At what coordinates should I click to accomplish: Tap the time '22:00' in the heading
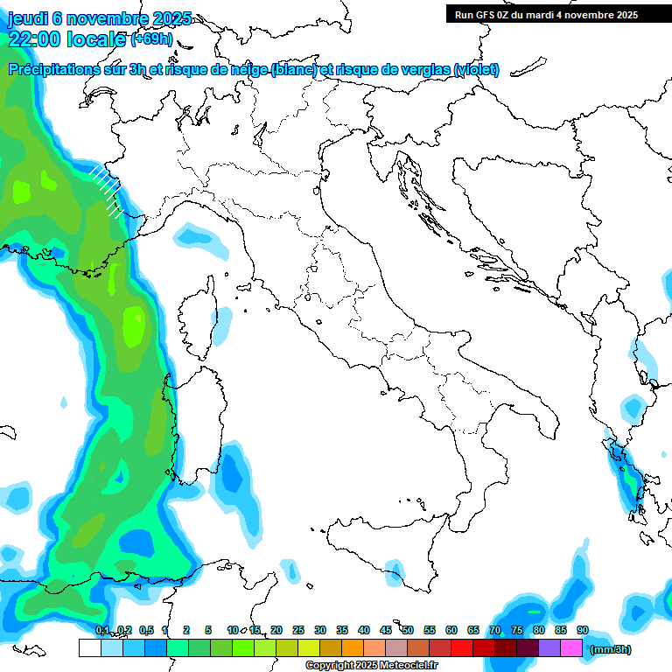coord(34,39)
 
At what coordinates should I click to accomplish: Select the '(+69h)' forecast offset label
coord(152,39)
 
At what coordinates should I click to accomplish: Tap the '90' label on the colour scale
coord(583,630)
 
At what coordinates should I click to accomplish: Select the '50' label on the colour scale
coord(408,630)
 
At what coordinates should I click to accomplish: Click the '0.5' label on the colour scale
coord(146,630)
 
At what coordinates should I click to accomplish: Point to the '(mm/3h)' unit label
coord(610,649)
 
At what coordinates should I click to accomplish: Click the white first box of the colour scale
coord(89,648)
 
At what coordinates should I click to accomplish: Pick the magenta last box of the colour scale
coord(571,648)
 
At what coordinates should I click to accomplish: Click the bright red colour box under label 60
coord(462,648)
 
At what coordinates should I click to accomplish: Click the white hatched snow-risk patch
coord(107,190)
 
